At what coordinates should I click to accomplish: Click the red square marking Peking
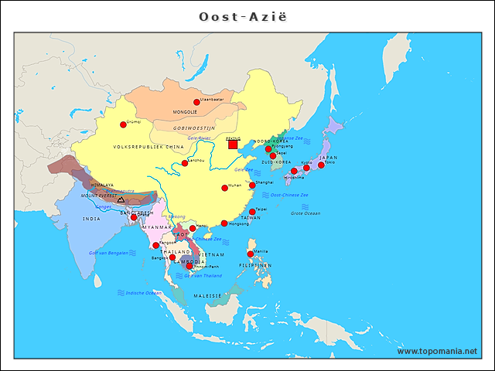click(233, 144)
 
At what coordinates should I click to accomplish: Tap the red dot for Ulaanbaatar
click(196, 102)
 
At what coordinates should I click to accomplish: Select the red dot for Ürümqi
click(123, 124)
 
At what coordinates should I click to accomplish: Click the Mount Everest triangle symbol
click(121, 200)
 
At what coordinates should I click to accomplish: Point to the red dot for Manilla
click(250, 254)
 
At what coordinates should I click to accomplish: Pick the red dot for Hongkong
click(224, 223)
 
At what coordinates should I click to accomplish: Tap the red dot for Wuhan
click(225, 188)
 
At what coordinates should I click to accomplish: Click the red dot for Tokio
click(321, 165)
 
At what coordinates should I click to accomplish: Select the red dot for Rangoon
click(155, 245)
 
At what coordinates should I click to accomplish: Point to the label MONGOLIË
click(185, 112)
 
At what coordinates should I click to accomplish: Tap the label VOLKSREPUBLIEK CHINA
click(148, 146)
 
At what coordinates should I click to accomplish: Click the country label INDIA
click(91, 219)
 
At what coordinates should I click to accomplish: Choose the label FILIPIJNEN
click(255, 265)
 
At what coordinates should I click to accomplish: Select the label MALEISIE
click(207, 296)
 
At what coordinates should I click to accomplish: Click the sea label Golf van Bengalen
click(109, 253)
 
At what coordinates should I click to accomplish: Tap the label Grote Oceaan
click(305, 213)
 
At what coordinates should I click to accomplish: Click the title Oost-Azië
click(247, 16)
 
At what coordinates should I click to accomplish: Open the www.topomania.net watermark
click(437, 351)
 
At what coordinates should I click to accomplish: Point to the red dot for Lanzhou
click(185, 163)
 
